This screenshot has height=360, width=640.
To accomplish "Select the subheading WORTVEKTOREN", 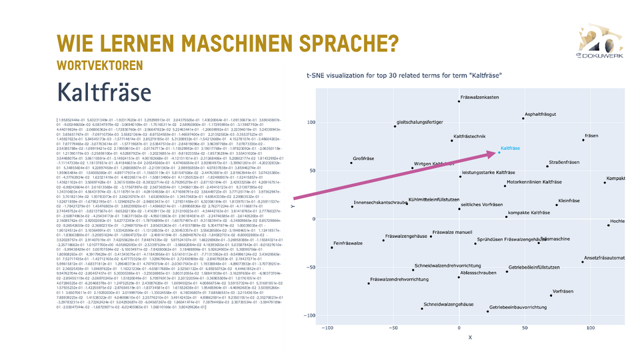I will pyautogui.click(x=100, y=65).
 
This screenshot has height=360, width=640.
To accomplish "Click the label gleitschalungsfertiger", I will pyautogui.click(x=419, y=122).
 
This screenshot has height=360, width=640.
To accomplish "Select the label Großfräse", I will pyautogui.click(x=363, y=158).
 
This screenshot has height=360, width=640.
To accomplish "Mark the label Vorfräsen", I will pyautogui.click(x=563, y=291).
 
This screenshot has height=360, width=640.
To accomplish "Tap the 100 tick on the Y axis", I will pyautogui.click(x=311, y=123).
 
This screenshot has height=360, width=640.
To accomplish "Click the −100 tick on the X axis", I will pyautogui.click(x=327, y=329).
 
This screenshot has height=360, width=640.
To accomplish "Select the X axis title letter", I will pyautogui.click(x=469, y=337).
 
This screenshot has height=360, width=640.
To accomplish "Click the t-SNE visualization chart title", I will pyautogui.click(x=403, y=76).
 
